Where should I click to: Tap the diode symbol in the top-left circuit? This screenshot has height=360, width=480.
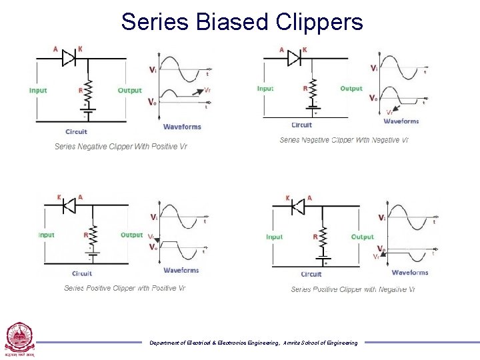coord(69,58)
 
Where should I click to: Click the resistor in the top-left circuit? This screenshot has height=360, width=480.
coord(87,89)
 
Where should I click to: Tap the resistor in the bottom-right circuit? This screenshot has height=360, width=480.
coord(323,237)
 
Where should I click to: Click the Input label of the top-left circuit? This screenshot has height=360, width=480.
coord(38,91)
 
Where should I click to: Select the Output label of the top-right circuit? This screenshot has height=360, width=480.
coord(351,89)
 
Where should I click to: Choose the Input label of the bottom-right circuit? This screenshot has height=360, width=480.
coord(275,237)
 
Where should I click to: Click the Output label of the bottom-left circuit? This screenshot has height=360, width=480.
coord(132,235)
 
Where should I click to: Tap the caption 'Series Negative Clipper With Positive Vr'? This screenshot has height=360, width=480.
coord(121,147)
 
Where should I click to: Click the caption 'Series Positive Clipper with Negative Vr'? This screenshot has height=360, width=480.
coord(353,289)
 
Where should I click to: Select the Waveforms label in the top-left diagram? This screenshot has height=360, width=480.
coord(182,127)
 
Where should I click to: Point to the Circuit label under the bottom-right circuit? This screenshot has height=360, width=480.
coord(311,274)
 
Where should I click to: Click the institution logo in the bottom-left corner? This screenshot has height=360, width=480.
coord(18,339)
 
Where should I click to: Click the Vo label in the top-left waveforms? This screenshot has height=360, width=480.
coord(153,102)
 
